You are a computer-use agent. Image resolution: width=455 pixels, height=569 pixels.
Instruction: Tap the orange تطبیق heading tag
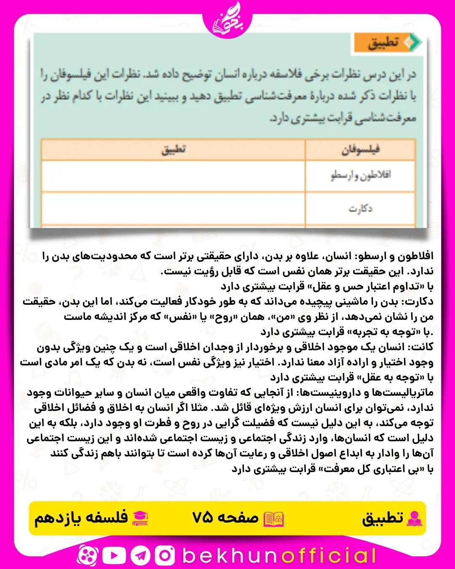tap(387, 43)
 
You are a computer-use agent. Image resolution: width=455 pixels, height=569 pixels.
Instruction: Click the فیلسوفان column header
tap(360, 150)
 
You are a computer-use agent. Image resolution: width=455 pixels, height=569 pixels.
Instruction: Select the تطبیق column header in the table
tap(173, 150)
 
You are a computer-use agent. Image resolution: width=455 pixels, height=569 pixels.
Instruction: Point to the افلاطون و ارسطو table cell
tap(360, 175)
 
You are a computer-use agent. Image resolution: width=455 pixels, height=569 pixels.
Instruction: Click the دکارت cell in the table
tap(360, 208)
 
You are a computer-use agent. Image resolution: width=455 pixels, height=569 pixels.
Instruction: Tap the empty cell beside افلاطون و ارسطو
tap(173, 176)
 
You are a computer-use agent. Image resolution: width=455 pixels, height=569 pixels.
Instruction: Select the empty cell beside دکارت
tap(173, 208)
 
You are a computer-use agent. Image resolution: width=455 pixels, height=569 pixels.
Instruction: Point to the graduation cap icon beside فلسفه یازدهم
tap(140, 518)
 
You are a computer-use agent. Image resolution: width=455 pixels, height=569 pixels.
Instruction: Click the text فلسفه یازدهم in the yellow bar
tap(81, 517)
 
